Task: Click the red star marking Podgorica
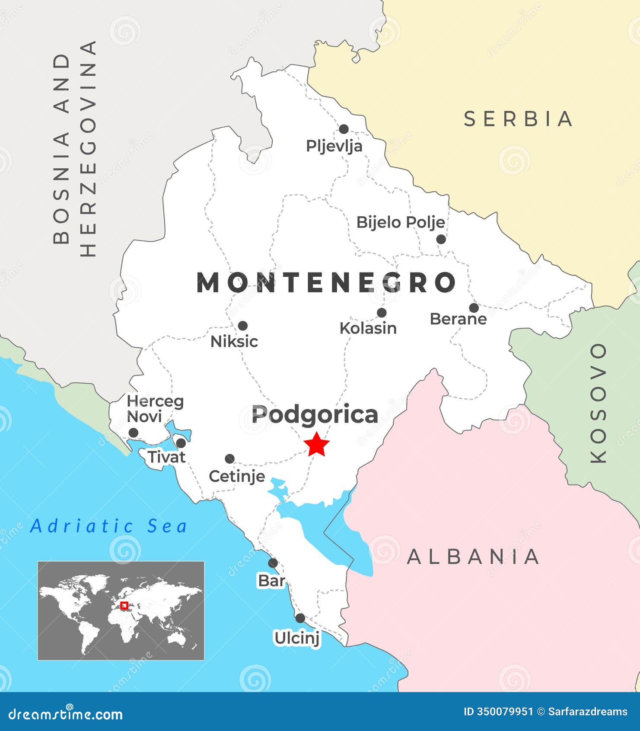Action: (x=317, y=444)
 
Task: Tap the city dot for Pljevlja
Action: (x=344, y=129)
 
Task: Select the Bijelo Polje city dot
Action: (x=441, y=239)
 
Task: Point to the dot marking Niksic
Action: (x=243, y=326)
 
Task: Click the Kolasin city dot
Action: (x=382, y=313)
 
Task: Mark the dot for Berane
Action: (x=474, y=308)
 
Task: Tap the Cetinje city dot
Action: (x=230, y=459)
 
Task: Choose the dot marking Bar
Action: (x=273, y=563)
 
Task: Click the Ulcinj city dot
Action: (x=300, y=618)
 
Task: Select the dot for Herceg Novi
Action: (x=134, y=433)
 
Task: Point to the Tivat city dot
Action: (x=181, y=443)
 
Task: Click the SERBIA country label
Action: (x=519, y=119)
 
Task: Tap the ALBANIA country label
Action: (x=474, y=557)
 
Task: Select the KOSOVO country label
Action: (x=599, y=403)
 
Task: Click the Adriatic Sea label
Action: (x=109, y=526)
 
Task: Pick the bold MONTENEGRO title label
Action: (x=327, y=282)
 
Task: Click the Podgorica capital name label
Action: (x=315, y=414)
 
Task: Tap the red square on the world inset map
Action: (x=124, y=606)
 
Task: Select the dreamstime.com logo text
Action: (x=66, y=714)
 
